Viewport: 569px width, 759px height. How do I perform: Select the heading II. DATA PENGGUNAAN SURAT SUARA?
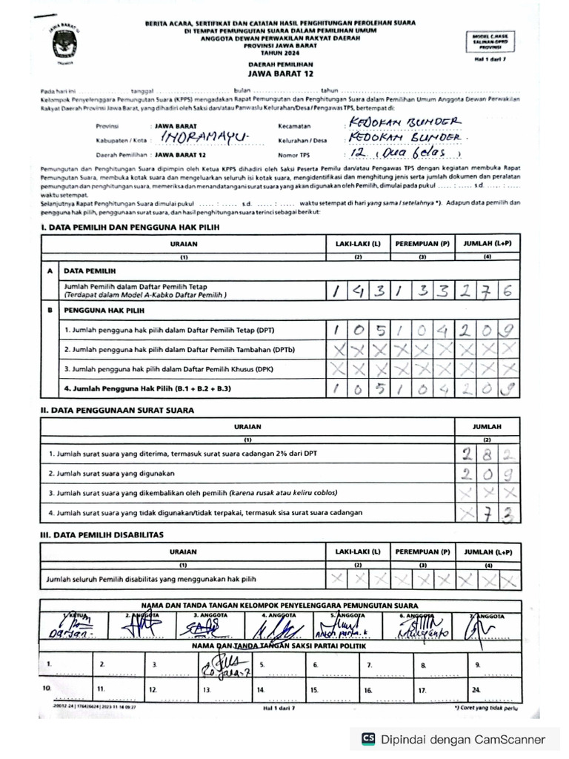[118, 410]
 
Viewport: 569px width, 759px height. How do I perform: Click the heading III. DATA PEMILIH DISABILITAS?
[102, 534]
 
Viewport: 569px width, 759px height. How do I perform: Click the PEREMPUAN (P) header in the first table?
[422, 243]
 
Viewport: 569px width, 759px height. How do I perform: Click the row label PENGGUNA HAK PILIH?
[104, 311]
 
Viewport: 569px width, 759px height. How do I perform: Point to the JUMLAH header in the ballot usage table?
[487, 427]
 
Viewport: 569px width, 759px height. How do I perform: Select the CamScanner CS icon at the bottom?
[367, 739]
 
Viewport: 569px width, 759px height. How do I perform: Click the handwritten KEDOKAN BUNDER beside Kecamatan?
[404, 122]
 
